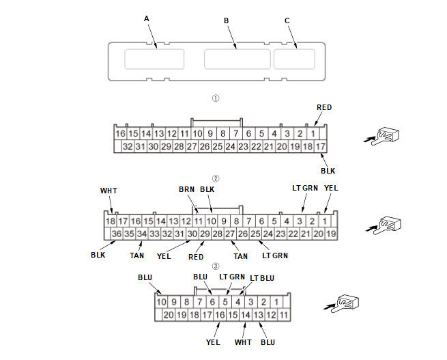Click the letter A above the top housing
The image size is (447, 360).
tap(147, 19)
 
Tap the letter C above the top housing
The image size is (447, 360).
tap(287, 20)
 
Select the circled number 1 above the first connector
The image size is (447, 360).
tap(216, 98)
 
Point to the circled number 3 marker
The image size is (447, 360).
tap(216, 266)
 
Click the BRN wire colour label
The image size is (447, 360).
tap(186, 189)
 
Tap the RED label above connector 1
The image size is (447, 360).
tap(324, 108)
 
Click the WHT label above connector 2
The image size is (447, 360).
tap(109, 191)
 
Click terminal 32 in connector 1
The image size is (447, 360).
tap(127, 147)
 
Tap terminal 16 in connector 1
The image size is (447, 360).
tap(121, 134)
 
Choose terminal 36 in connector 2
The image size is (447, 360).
tap(117, 234)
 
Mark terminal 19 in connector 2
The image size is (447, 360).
tap(332, 234)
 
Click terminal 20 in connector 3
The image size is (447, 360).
tap(169, 315)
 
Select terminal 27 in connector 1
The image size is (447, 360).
tap(192, 147)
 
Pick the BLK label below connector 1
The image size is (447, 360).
tap(328, 170)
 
